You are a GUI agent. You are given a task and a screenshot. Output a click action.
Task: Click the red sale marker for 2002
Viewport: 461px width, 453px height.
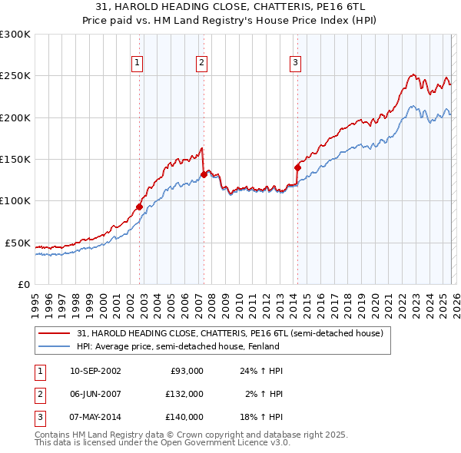click(x=139, y=207)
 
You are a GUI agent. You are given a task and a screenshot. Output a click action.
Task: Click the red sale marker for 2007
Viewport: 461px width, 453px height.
click(x=204, y=174)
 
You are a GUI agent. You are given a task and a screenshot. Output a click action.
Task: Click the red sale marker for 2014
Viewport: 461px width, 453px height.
click(x=297, y=167)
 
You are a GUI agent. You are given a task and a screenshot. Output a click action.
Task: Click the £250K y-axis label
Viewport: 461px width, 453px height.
click(x=15, y=76)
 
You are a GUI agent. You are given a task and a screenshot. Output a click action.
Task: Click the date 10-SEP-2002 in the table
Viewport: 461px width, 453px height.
click(x=95, y=371)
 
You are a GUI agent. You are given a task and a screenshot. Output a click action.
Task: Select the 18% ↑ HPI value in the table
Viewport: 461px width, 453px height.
click(x=261, y=417)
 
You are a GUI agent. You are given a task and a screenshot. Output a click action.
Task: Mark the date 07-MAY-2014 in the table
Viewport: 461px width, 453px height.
click(x=95, y=417)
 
